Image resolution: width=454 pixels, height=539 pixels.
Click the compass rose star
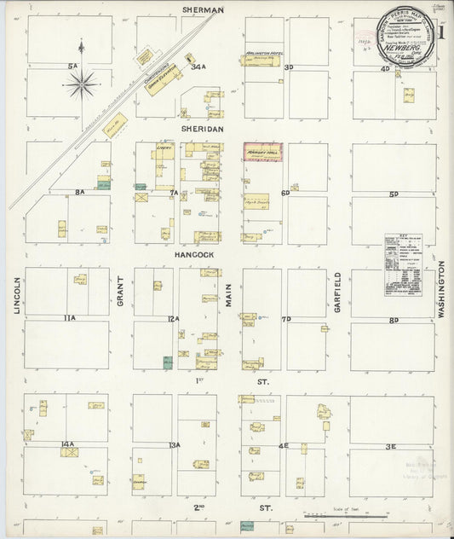point(83,83)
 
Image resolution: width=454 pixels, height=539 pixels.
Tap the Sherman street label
point(203,9)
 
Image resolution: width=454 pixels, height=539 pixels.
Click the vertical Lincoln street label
point(17,295)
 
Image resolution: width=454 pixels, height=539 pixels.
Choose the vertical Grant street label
point(121,291)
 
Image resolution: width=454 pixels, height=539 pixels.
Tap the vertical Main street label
point(228,295)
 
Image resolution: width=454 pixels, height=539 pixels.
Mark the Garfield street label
point(337,292)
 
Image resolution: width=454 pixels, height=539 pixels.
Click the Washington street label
point(442,290)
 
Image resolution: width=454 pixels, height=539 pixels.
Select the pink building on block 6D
point(262,152)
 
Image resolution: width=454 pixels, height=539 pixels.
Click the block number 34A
point(198,67)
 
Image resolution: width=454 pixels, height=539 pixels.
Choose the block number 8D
point(394,320)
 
